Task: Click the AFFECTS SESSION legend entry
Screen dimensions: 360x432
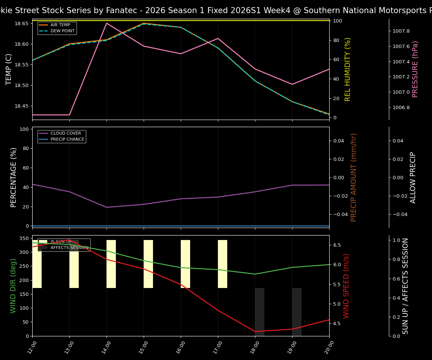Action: pos(69,247)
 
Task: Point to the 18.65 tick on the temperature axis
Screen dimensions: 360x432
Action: pos(21,24)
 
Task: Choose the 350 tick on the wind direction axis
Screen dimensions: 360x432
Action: pos(24,238)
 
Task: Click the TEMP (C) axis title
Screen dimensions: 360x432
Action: pos(9,69)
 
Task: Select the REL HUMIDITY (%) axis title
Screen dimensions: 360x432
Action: pos(348,69)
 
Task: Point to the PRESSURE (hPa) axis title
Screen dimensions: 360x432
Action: pos(415,69)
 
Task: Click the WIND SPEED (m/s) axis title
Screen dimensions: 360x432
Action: pos(346,286)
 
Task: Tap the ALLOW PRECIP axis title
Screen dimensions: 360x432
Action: pos(413,177)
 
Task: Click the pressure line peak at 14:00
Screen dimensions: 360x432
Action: pos(106,23)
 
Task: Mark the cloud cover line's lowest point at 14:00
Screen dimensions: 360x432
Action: pos(106,207)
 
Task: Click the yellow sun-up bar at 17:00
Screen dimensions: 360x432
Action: pos(222,264)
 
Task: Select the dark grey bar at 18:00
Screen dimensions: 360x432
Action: pos(259,311)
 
